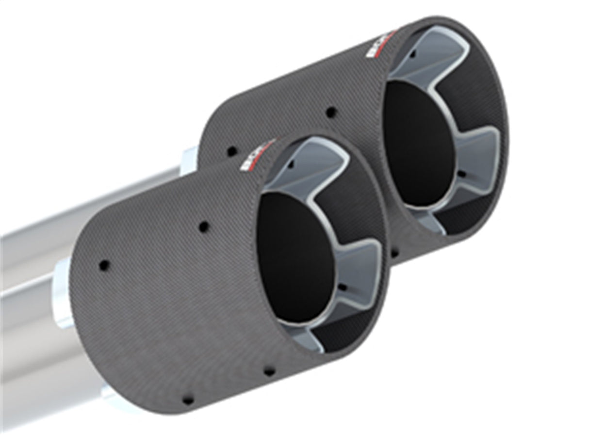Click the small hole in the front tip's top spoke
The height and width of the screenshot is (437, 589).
(x=291, y=164)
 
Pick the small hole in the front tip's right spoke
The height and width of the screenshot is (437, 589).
(x=343, y=287)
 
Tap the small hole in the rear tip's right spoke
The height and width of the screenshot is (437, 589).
(x=461, y=173)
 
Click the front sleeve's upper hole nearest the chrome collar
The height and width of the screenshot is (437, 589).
(x=104, y=265)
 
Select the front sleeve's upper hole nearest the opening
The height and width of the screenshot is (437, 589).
(x=204, y=226)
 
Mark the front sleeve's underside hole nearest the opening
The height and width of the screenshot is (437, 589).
(x=268, y=372)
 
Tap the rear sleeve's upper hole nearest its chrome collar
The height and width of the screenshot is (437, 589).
(x=231, y=151)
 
